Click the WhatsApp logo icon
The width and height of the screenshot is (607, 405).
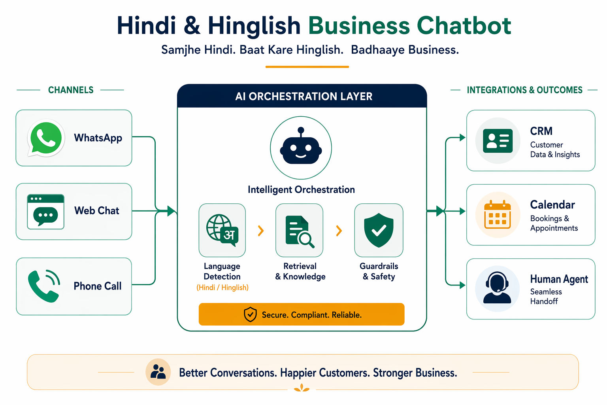[x=46, y=138]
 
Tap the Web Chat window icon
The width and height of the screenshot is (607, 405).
[x=45, y=212]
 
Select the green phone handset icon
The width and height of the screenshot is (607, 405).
[x=44, y=286]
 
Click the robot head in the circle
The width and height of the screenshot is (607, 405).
[x=301, y=146]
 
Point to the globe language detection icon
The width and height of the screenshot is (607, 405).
[x=222, y=230]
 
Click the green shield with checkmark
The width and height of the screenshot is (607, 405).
[x=379, y=230]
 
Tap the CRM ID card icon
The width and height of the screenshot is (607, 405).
[x=498, y=141]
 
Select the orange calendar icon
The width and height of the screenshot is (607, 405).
[x=498, y=215]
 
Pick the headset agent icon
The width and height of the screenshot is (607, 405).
[x=497, y=288]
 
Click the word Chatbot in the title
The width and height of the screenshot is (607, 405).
[x=464, y=25]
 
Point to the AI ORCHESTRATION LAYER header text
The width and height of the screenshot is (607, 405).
[x=304, y=96]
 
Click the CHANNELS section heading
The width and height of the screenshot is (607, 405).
[x=71, y=90]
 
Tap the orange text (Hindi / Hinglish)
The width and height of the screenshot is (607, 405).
[x=222, y=288]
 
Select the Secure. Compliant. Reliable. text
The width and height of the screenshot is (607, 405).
[x=312, y=315]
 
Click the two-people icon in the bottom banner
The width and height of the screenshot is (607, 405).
[x=158, y=372]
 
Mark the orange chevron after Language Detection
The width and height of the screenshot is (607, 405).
[x=261, y=231]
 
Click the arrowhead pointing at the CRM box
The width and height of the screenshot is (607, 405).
[x=462, y=138]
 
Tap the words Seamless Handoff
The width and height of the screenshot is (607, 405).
[x=546, y=297]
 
